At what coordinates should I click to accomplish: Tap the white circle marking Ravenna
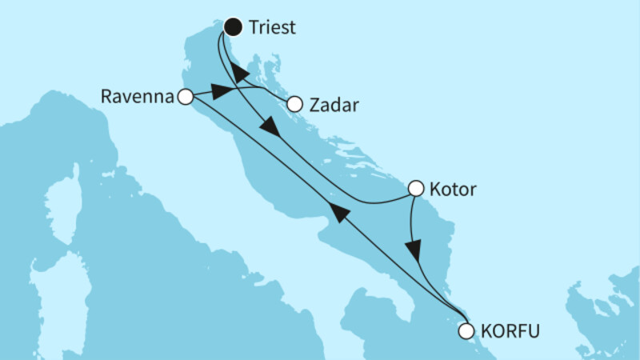[186, 97]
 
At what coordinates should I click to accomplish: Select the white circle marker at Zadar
[294, 104]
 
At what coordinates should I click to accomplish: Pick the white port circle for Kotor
[416, 189]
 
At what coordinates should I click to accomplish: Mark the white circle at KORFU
[466, 330]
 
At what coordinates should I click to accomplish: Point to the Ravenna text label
[138, 97]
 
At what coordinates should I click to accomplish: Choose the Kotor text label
[453, 190]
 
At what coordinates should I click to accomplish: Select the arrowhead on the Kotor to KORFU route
[413, 249]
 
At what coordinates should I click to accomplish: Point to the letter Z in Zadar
[314, 104]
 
